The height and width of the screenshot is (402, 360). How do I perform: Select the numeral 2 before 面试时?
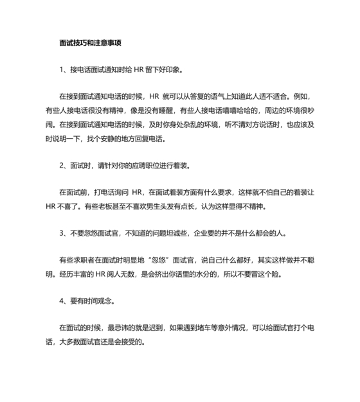[x=61, y=166]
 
